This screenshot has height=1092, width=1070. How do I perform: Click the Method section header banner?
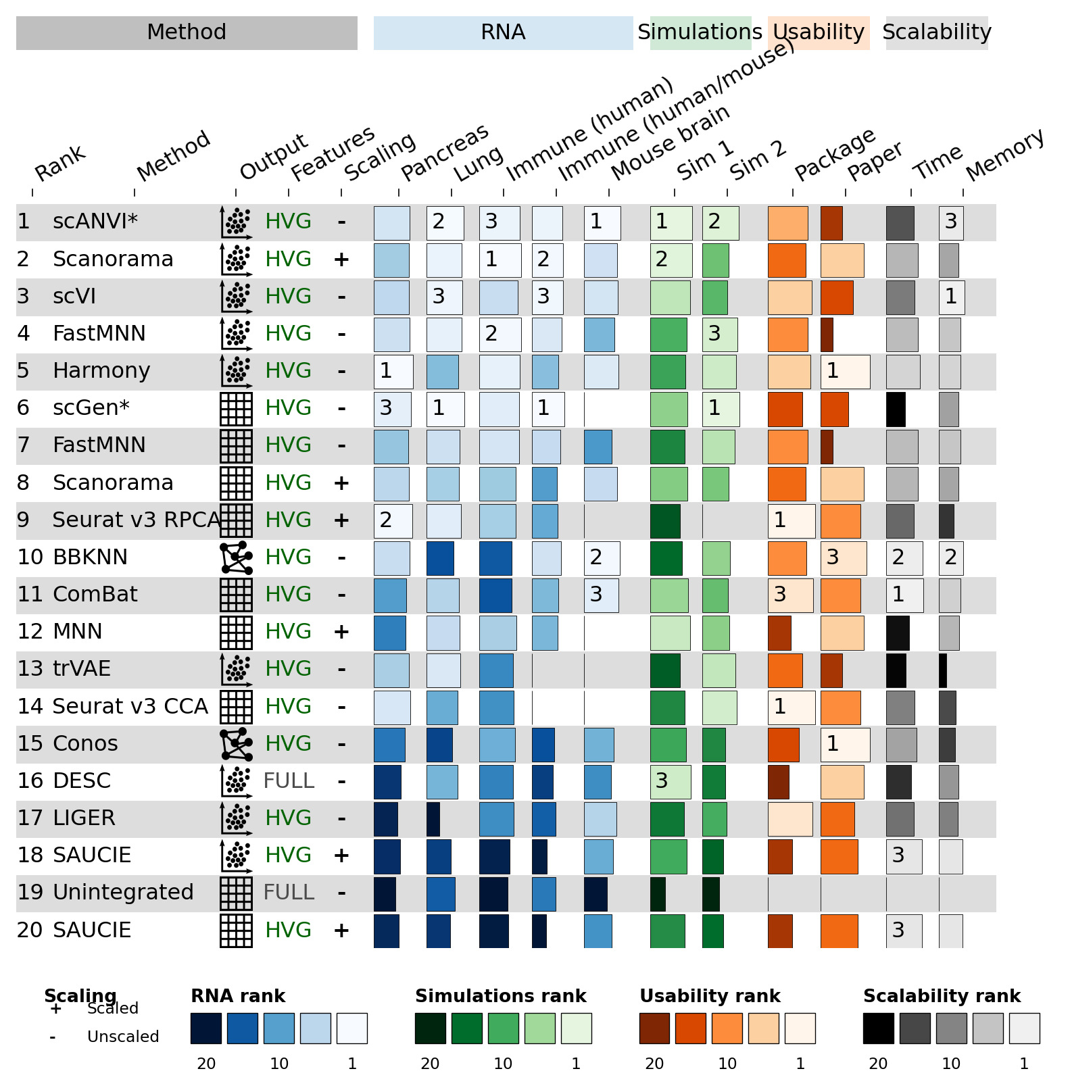[187, 33]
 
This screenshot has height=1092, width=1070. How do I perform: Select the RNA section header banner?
[504, 33]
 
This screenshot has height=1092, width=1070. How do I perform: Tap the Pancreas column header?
[444, 153]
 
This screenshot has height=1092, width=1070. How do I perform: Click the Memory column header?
[1004, 155]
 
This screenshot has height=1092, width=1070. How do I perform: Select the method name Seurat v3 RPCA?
[137, 520]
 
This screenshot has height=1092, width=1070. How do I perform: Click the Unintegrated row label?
[123, 892]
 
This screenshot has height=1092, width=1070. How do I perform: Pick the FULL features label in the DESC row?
[289, 780]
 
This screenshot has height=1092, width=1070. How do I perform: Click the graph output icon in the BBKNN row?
[237, 557]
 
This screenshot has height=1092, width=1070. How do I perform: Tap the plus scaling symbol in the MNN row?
[341, 632]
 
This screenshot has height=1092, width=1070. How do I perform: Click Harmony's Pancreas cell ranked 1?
[393, 372]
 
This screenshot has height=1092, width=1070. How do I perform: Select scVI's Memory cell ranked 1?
[952, 297]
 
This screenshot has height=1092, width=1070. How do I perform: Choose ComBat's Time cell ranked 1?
[904, 595]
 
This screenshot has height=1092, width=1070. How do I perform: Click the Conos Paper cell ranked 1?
[845, 744]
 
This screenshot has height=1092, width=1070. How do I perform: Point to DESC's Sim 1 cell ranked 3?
[671, 781]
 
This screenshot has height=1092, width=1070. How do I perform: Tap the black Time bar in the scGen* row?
[896, 409]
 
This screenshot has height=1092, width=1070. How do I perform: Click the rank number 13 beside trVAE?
[30, 669]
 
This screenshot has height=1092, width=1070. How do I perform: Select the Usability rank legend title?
[710, 996]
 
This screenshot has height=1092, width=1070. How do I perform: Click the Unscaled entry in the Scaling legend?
[123, 1037]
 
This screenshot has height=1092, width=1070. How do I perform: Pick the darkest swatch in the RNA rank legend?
[206, 1028]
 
